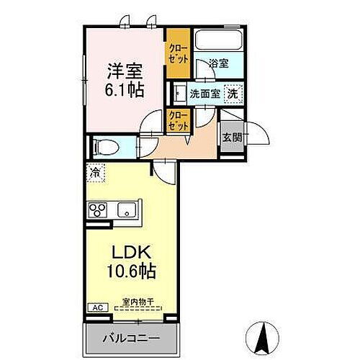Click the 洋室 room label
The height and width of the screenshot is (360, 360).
point(125,72)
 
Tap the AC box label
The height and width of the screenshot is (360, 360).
point(96,307)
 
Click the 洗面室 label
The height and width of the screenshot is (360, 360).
point(204,94)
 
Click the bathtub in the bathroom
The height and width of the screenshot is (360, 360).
point(219,42)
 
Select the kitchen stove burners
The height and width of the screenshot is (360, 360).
point(97,211)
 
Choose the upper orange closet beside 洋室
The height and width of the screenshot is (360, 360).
point(177,54)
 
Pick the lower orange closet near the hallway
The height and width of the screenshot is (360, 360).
point(177,120)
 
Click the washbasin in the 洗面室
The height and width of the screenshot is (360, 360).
point(179,93)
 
